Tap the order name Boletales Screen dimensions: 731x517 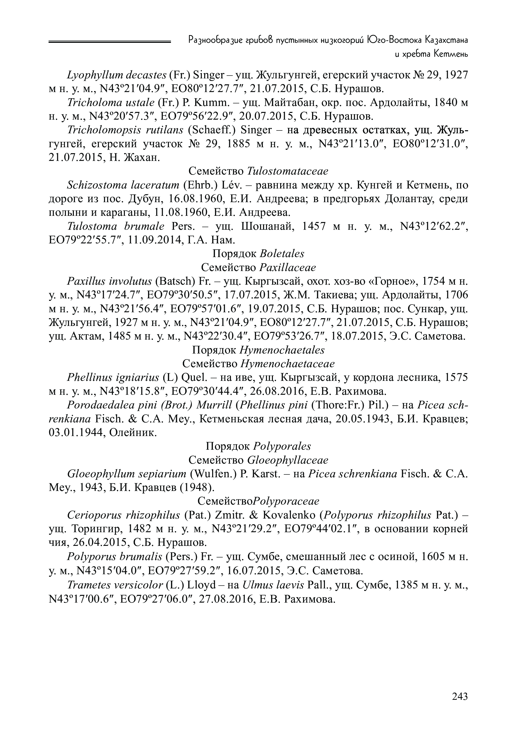(282, 253)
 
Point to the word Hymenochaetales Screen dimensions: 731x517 (282, 350)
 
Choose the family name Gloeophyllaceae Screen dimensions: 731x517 (288, 460)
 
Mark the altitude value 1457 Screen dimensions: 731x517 (314, 226)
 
